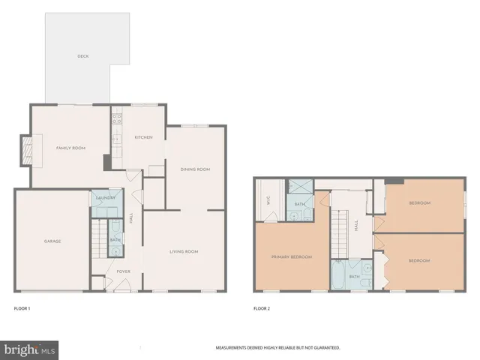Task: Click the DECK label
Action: [83, 56]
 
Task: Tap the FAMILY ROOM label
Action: [71, 148]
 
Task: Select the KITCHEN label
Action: [143, 137]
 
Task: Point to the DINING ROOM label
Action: [195, 169]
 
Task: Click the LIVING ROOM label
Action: [184, 251]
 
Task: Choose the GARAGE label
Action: [52, 241]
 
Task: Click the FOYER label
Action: [123, 271]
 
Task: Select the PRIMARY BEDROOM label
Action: [291, 257]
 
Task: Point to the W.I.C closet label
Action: [267, 200]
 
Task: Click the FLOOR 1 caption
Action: [22, 308]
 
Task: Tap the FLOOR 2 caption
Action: [262, 308]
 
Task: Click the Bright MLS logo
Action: [29, 349]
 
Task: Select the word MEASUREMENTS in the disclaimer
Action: [233, 348]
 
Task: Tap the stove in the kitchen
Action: [116, 119]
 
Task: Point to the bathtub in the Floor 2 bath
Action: [339, 275]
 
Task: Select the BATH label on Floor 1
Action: [114, 240]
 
